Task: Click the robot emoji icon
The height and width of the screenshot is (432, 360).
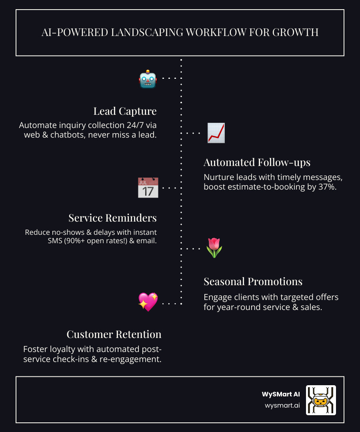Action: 148,79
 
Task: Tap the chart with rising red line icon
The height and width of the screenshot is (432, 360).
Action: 216,133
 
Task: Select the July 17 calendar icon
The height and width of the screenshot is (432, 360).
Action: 148,188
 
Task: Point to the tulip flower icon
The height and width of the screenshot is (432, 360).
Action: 214,248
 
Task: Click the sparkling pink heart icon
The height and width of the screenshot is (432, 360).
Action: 148,302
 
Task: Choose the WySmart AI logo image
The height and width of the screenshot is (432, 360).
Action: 321,400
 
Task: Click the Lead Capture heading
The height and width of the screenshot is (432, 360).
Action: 125,111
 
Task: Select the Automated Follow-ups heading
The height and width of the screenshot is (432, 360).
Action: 257,162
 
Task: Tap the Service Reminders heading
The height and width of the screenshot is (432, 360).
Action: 112,218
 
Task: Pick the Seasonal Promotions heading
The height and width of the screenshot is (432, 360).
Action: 253,282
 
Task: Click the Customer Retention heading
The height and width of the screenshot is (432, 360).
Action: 114,334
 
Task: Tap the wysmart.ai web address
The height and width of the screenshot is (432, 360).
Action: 282,405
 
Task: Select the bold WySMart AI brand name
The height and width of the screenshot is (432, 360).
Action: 281,394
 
